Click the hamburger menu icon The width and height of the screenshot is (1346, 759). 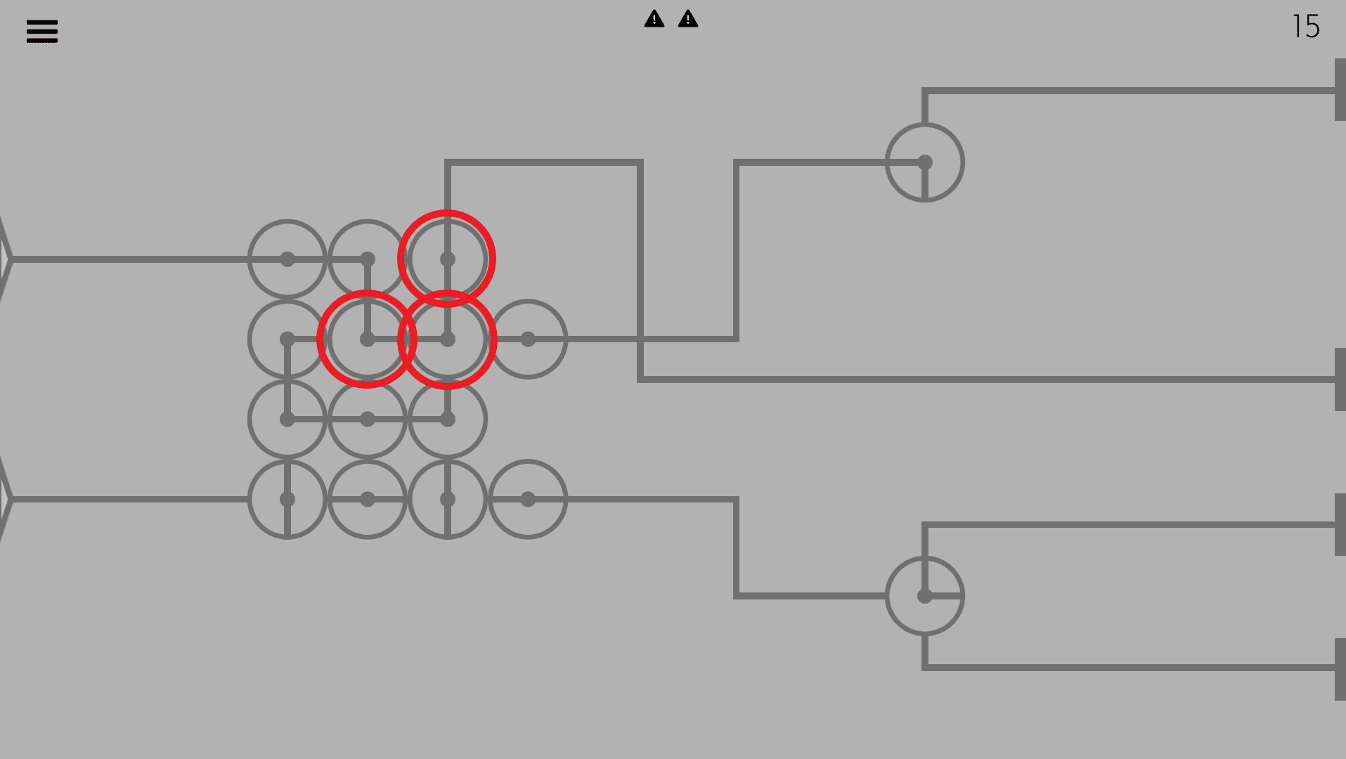click(42, 32)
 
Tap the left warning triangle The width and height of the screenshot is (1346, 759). click(654, 19)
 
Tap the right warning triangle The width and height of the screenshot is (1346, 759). click(688, 19)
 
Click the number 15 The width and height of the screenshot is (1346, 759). click(1306, 27)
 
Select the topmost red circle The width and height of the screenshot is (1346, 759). click(447, 259)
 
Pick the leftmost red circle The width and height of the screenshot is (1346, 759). click(367, 339)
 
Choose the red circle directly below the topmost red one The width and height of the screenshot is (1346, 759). click(447, 339)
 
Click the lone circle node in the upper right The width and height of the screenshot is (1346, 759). click(925, 162)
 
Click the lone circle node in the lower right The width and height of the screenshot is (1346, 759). click(925, 596)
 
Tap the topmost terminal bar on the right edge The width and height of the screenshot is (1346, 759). click(1340, 90)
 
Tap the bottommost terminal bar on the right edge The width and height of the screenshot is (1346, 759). click(1340, 669)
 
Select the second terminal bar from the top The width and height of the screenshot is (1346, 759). click(1340, 379)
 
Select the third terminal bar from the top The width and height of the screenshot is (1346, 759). click(1340, 524)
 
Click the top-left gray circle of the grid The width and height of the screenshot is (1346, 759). click(287, 259)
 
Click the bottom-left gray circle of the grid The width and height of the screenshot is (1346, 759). click(287, 500)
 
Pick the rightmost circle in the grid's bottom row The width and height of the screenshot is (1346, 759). click(528, 500)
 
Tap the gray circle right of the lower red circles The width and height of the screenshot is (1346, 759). click(528, 339)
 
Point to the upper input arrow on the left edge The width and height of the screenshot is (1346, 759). click(5, 259)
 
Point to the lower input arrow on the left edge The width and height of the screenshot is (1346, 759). click(5, 499)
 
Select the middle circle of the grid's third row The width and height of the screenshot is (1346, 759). click(368, 420)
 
